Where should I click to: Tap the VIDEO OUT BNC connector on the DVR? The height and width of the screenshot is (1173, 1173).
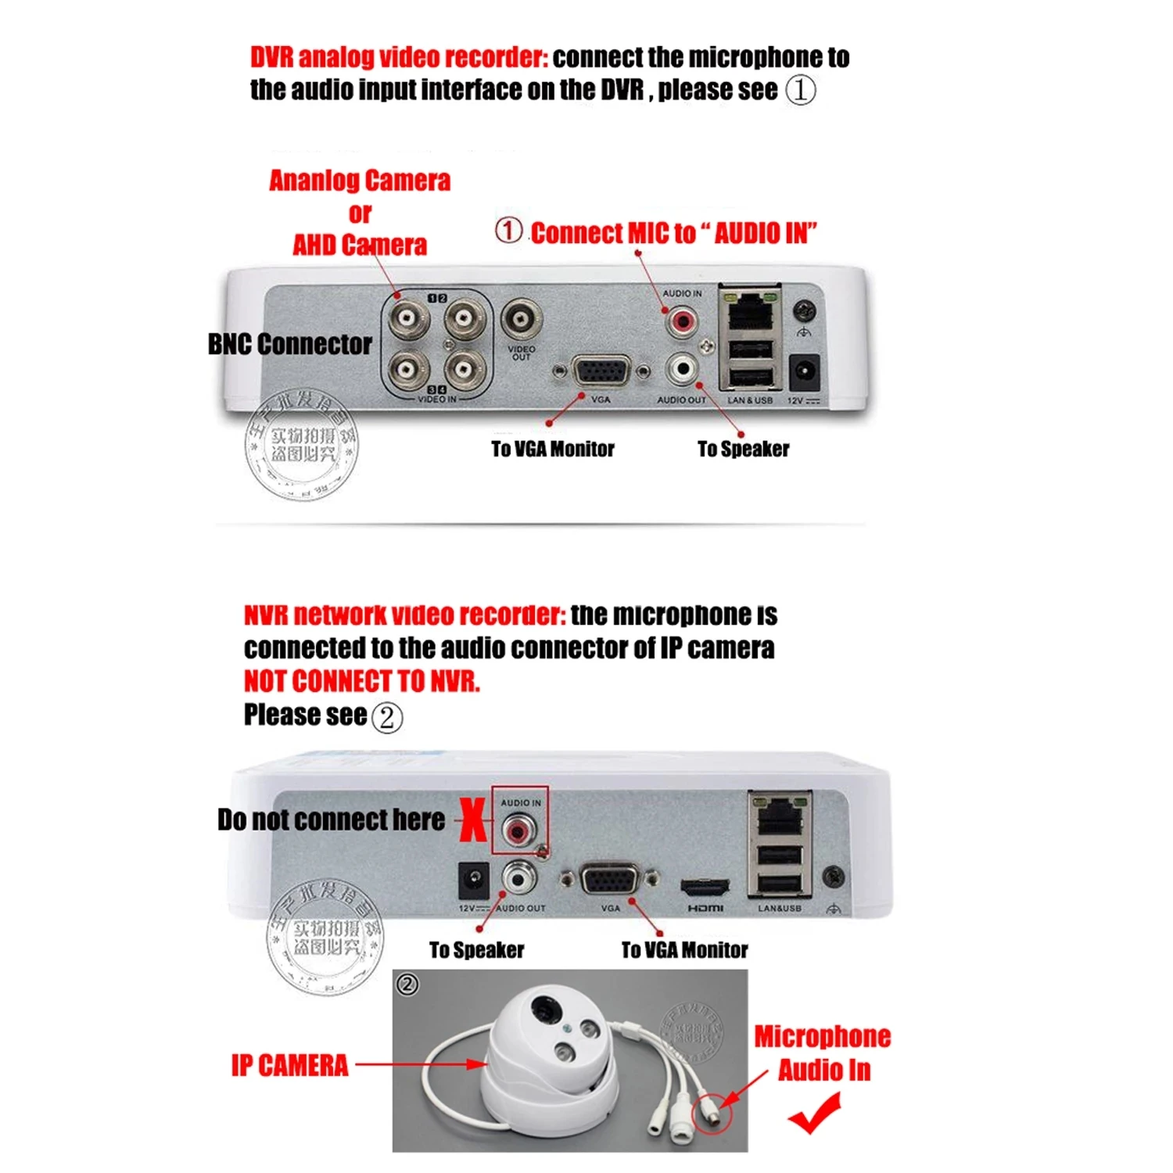521,319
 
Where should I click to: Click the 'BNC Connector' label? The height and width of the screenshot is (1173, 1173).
289,344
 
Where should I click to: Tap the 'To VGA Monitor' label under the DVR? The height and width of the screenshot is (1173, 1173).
552,449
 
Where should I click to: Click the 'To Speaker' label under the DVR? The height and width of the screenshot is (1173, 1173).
743,449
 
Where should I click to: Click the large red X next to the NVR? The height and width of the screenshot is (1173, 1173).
472,821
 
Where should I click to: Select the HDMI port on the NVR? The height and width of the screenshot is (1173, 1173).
705,888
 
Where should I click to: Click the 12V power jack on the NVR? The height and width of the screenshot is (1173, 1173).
473,881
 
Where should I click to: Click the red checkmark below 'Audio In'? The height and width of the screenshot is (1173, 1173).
815,1112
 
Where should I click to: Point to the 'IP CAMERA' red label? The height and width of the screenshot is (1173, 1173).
289,1065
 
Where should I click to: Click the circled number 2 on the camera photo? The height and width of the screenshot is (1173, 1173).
407,984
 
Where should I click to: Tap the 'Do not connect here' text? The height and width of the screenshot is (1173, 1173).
331,820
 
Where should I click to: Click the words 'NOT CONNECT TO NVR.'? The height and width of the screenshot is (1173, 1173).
361,681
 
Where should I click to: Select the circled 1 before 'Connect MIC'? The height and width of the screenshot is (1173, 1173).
508,231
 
